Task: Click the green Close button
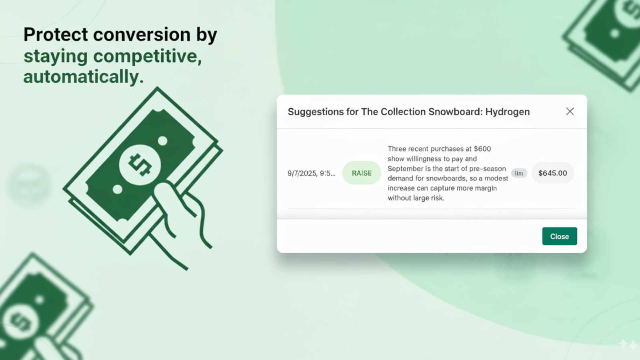coord(560,236)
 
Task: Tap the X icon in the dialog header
coord(570,112)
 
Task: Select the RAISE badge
coord(362,173)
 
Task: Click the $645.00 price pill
coord(552,173)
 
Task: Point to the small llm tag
coord(519,173)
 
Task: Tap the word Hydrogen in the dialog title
coord(508,112)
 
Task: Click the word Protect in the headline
coord(56,34)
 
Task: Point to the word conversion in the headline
coord(142,34)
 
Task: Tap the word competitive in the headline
coord(148,56)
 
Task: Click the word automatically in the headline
coord(83,76)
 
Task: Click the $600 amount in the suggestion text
coord(482,149)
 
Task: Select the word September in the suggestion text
coord(406,168)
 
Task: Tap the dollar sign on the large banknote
coord(140,165)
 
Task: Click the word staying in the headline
coord(56,56)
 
